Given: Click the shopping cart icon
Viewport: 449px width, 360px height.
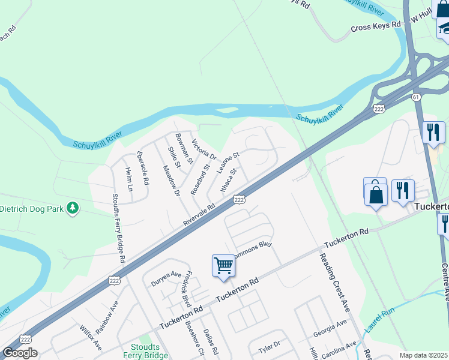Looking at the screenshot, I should pyautogui.click(x=223, y=265).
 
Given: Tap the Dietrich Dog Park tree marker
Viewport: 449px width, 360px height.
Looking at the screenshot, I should pyautogui.click(x=73, y=208).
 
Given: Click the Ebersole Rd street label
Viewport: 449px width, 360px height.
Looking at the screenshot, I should pyautogui.click(x=143, y=170).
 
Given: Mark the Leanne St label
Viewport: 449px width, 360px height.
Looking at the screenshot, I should pyautogui.click(x=228, y=163).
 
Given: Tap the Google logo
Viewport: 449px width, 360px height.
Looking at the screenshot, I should pyautogui.click(x=20, y=353).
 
